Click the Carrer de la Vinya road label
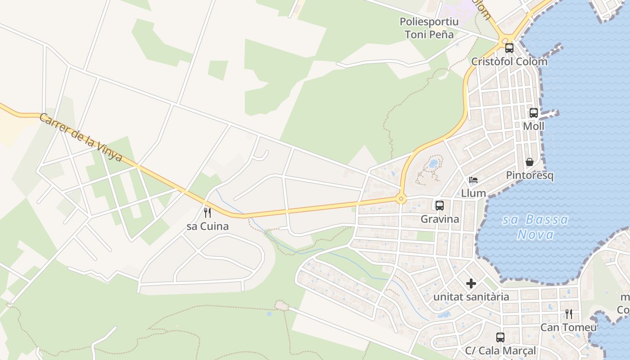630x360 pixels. click(81, 137)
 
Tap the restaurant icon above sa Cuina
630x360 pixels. click(207, 212)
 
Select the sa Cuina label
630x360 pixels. click(207, 226)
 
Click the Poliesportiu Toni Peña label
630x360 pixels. click(429, 28)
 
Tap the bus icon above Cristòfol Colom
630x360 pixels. click(509, 48)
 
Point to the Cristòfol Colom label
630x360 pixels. click(509, 62)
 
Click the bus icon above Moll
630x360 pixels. click(533, 113)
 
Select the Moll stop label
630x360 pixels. click(533, 126)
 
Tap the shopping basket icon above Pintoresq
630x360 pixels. click(530, 162)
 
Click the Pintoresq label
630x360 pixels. click(530, 175)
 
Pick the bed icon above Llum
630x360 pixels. click(473, 180)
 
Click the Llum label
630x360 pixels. click(473, 193)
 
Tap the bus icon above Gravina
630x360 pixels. click(439, 206)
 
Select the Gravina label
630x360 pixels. click(440, 219)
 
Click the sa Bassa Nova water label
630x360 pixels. click(535, 227)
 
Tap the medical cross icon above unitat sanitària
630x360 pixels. click(471, 283)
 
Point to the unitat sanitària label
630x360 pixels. click(471, 297)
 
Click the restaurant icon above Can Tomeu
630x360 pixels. click(569, 314)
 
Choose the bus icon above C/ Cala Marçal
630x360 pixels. click(500, 337)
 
